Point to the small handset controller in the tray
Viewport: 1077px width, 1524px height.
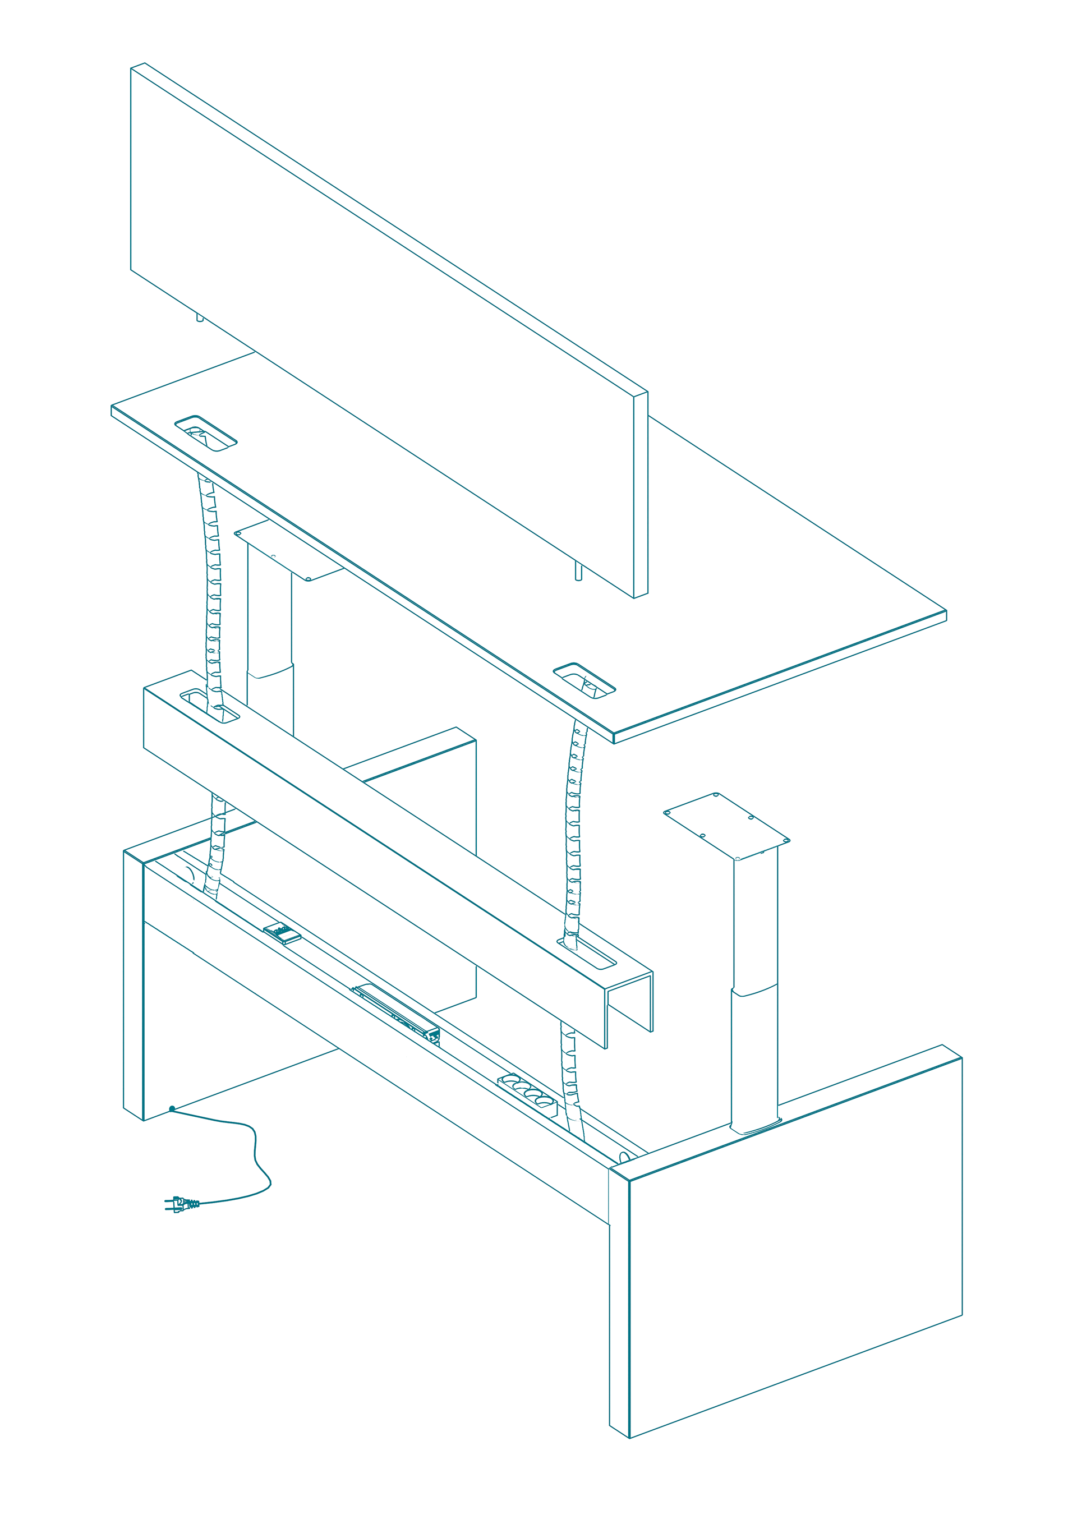pyautogui.click(x=282, y=934)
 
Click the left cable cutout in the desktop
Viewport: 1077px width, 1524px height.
pyautogui.click(x=206, y=434)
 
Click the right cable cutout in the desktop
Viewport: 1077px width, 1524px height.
pyautogui.click(x=584, y=681)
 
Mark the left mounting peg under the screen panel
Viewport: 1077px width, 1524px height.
pyautogui.click(x=200, y=318)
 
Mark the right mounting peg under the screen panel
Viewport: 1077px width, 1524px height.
pyautogui.click(x=578, y=572)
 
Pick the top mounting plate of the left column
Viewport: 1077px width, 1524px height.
pyautogui.click(x=289, y=550)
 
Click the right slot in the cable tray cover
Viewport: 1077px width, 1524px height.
pyautogui.click(x=588, y=955)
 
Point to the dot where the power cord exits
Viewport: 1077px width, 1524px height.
pyautogui.click(x=172, y=1109)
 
